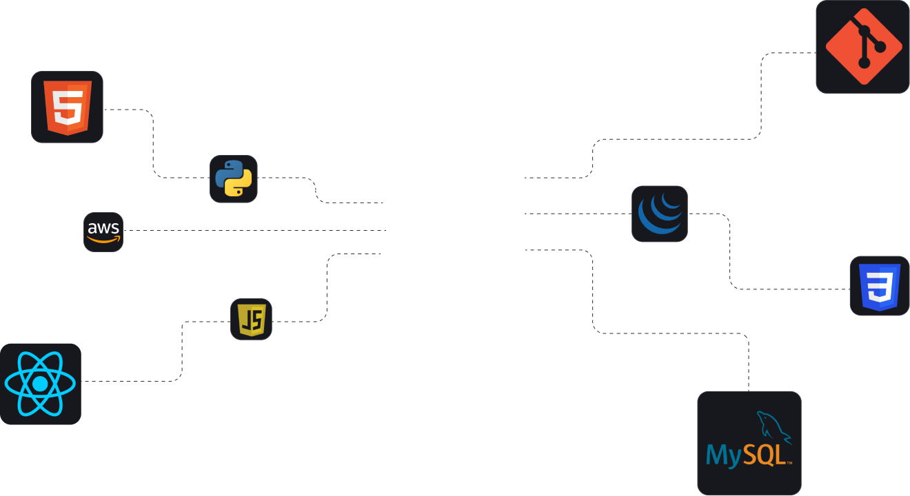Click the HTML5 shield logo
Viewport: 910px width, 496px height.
pyautogui.click(x=68, y=107)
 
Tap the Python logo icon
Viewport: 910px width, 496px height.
pyautogui.click(x=234, y=179)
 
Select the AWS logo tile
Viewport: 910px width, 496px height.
pyautogui.click(x=103, y=232)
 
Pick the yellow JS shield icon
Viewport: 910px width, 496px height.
pyautogui.click(x=251, y=320)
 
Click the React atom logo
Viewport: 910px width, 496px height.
pyautogui.click(x=40, y=384)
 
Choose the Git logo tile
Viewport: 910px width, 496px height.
pyautogui.click(x=863, y=46)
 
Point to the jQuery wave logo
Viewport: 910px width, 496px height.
pyautogui.click(x=660, y=214)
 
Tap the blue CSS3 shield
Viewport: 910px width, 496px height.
pyautogui.click(x=879, y=286)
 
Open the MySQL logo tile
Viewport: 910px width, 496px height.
pyautogui.click(x=749, y=443)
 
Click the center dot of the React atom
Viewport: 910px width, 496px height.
pyautogui.click(x=40, y=384)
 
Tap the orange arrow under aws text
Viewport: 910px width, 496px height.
pyautogui.click(x=103, y=240)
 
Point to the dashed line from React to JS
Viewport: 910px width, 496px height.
pyautogui.click(x=182, y=351)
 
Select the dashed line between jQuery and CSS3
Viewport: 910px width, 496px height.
pyautogui.click(x=730, y=255)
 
